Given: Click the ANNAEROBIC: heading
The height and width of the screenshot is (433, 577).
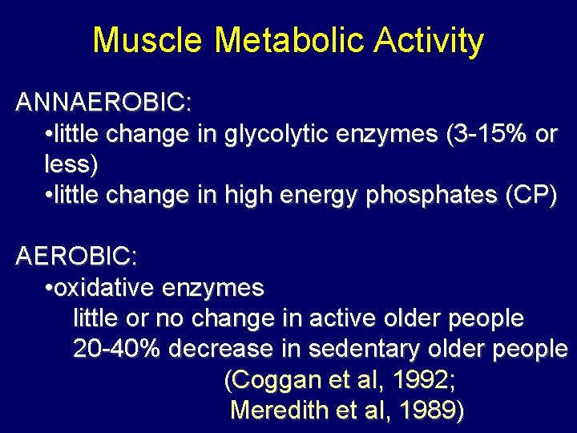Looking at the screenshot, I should pyautogui.click(x=103, y=103).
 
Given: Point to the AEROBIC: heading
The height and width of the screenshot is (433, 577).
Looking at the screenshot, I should pyautogui.click(x=77, y=257).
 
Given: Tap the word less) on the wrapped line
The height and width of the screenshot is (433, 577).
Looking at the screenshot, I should pyautogui.click(x=71, y=165).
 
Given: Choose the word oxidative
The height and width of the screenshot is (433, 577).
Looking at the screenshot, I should pyautogui.click(x=106, y=288).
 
